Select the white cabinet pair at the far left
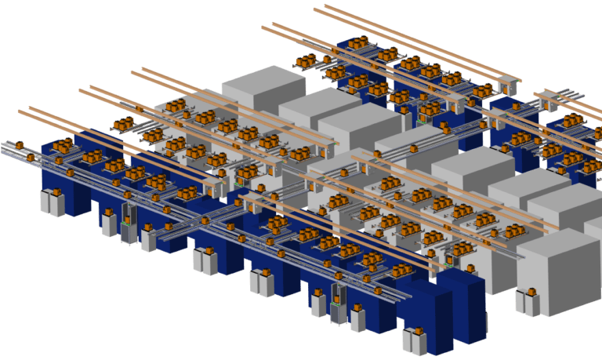(x=53, y=202)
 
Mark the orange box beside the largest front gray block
(x=531, y=293)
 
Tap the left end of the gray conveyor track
(x=5, y=144)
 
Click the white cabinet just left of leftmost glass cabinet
(x=108, y=224)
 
